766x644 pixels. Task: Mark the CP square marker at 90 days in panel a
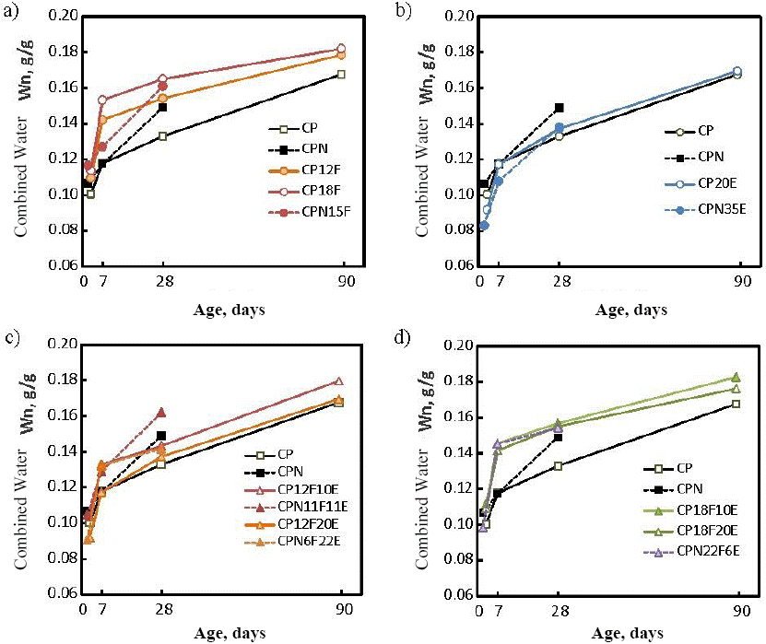click(x=341, y=74)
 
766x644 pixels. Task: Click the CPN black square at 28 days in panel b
click(x=559, y=107)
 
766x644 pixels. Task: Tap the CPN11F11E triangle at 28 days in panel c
click(x=161, y=412)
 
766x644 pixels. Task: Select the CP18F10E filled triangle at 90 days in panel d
click(x=736, y=377)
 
